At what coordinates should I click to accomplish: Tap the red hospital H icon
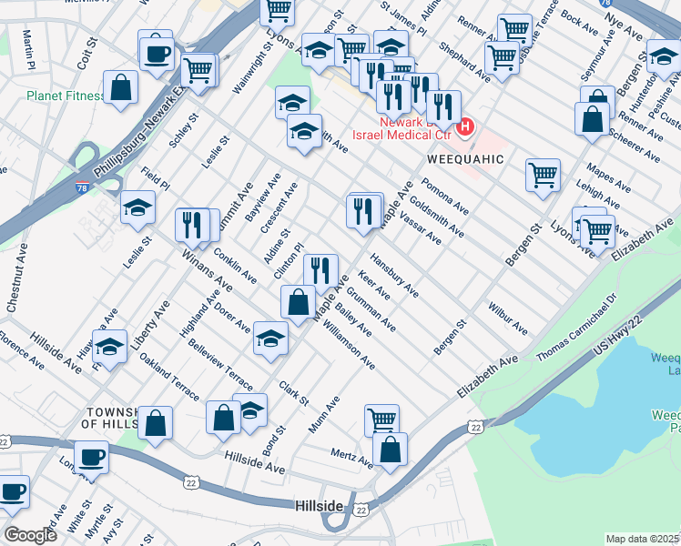(x=465, y=126)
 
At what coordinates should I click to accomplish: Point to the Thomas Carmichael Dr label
(x=575, y=326)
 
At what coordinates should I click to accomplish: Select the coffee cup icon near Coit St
(x=157, y=53)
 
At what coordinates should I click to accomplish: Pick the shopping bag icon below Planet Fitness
(x=121, y=89)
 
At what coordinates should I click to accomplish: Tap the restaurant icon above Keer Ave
(x=320, y=269)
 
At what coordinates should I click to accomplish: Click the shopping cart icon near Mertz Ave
(x=381, y=420)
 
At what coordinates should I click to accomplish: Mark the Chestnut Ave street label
(x=17, y=278)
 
